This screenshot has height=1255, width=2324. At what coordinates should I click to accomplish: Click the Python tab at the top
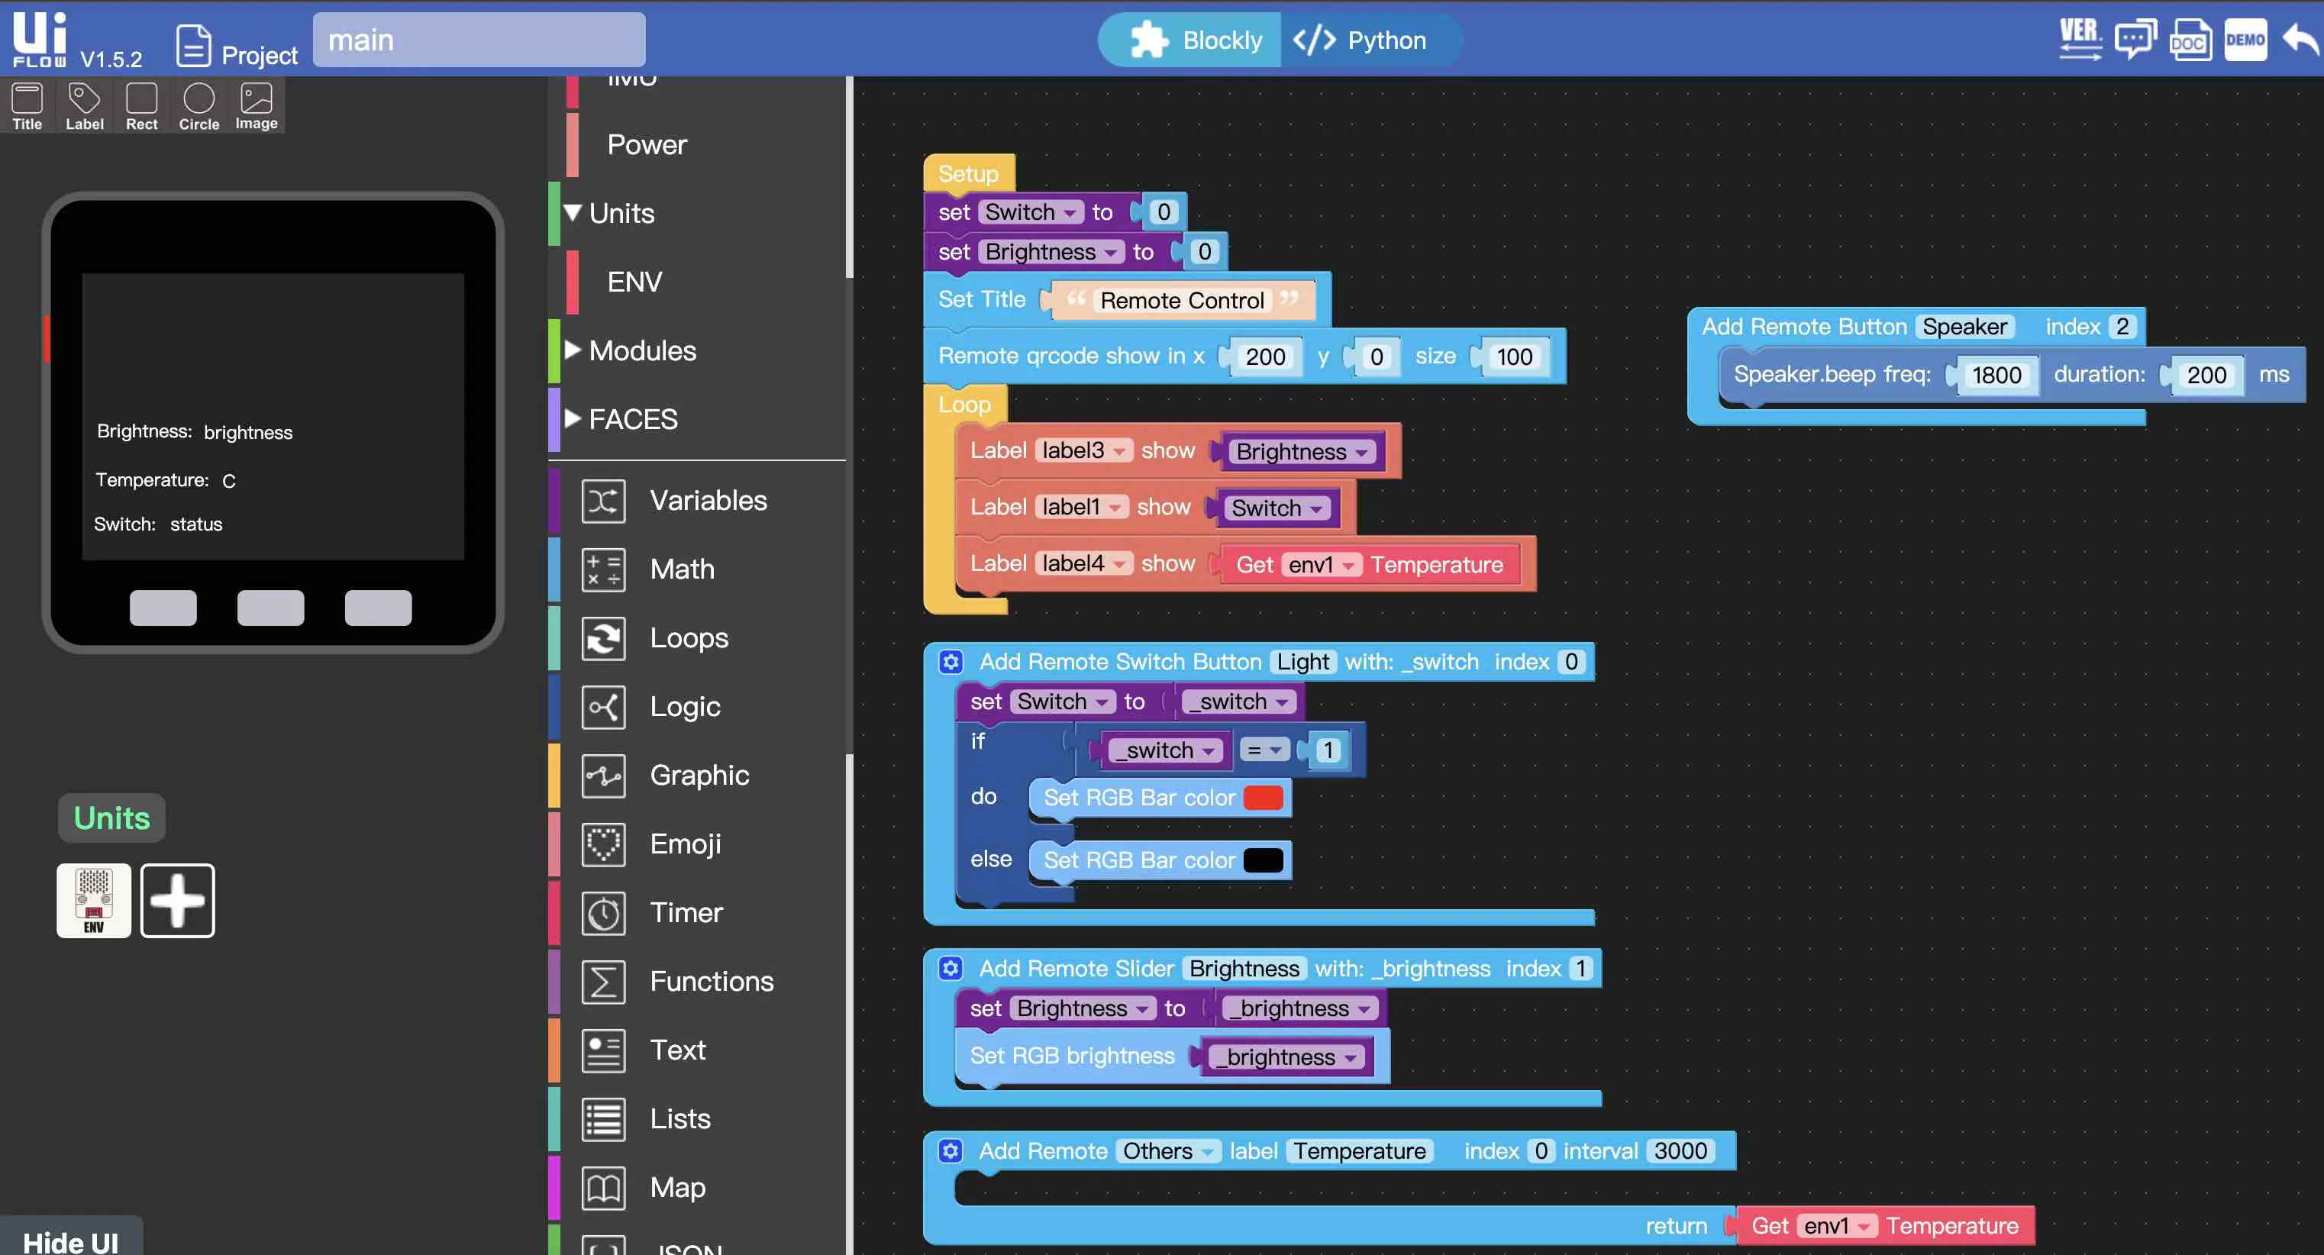click(1361, 40)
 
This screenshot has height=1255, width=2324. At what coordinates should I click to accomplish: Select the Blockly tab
click(1196, 40)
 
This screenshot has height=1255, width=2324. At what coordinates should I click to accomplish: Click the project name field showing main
click(479, 40)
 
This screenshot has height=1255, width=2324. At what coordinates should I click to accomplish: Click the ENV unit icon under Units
click(94, 901)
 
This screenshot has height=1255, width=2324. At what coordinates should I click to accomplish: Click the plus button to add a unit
click(178, 901)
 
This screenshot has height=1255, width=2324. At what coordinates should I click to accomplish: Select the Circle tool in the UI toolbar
click(199, 106)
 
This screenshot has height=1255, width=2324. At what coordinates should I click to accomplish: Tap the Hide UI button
click(70, 1240)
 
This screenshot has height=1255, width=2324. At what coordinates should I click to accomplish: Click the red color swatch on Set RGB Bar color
click(1263, 798)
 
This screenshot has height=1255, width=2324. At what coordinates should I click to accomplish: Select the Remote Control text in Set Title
click(1182, 301)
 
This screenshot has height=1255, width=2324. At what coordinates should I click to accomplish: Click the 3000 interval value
click(1680, 1151)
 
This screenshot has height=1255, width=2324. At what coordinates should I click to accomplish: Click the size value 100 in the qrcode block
click(1514, 357)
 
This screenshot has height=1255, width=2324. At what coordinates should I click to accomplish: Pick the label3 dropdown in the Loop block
click(1083, 450)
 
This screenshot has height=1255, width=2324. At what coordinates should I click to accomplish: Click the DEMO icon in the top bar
click(2245, 40)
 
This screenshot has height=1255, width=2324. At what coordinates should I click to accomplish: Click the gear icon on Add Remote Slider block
click(950, 969)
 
